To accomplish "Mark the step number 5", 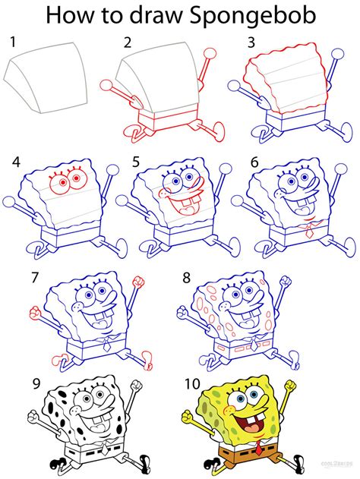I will [x=136, y=162].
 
